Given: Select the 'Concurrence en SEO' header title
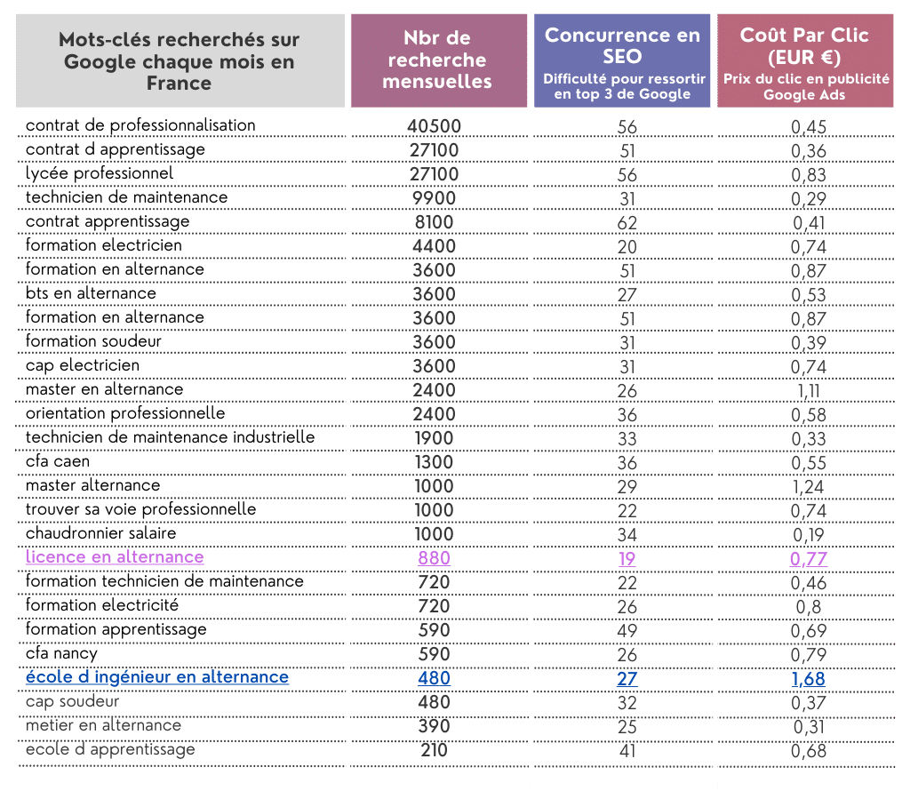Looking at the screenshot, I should tap(622, 45).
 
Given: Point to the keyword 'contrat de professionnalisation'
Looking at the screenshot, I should tap(140, 125).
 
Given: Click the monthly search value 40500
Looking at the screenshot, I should tap(434, 126).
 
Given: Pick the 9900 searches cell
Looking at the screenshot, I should tap(434, 198).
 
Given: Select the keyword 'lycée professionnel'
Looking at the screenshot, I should tap(100, 173).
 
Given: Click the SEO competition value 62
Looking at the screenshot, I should tap(627, 223).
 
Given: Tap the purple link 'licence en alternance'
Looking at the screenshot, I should tap(115, 557).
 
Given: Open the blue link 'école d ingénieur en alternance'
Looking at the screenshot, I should tap(157, 677).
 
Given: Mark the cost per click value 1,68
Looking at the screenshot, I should tap(808, 679).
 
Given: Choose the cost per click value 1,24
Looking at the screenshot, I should tap(808, 487).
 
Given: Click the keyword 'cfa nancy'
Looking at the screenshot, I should tap(61, 653).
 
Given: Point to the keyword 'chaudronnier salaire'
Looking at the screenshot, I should tap(101, 533).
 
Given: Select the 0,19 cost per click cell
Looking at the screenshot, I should tap(808, 535).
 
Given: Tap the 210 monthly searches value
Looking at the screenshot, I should tap(434, 750).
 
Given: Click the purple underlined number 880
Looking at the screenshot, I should tap(434, 558).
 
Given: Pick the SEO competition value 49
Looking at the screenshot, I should tap(627, 631).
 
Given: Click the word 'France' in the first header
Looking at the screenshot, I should tap(180, 84).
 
